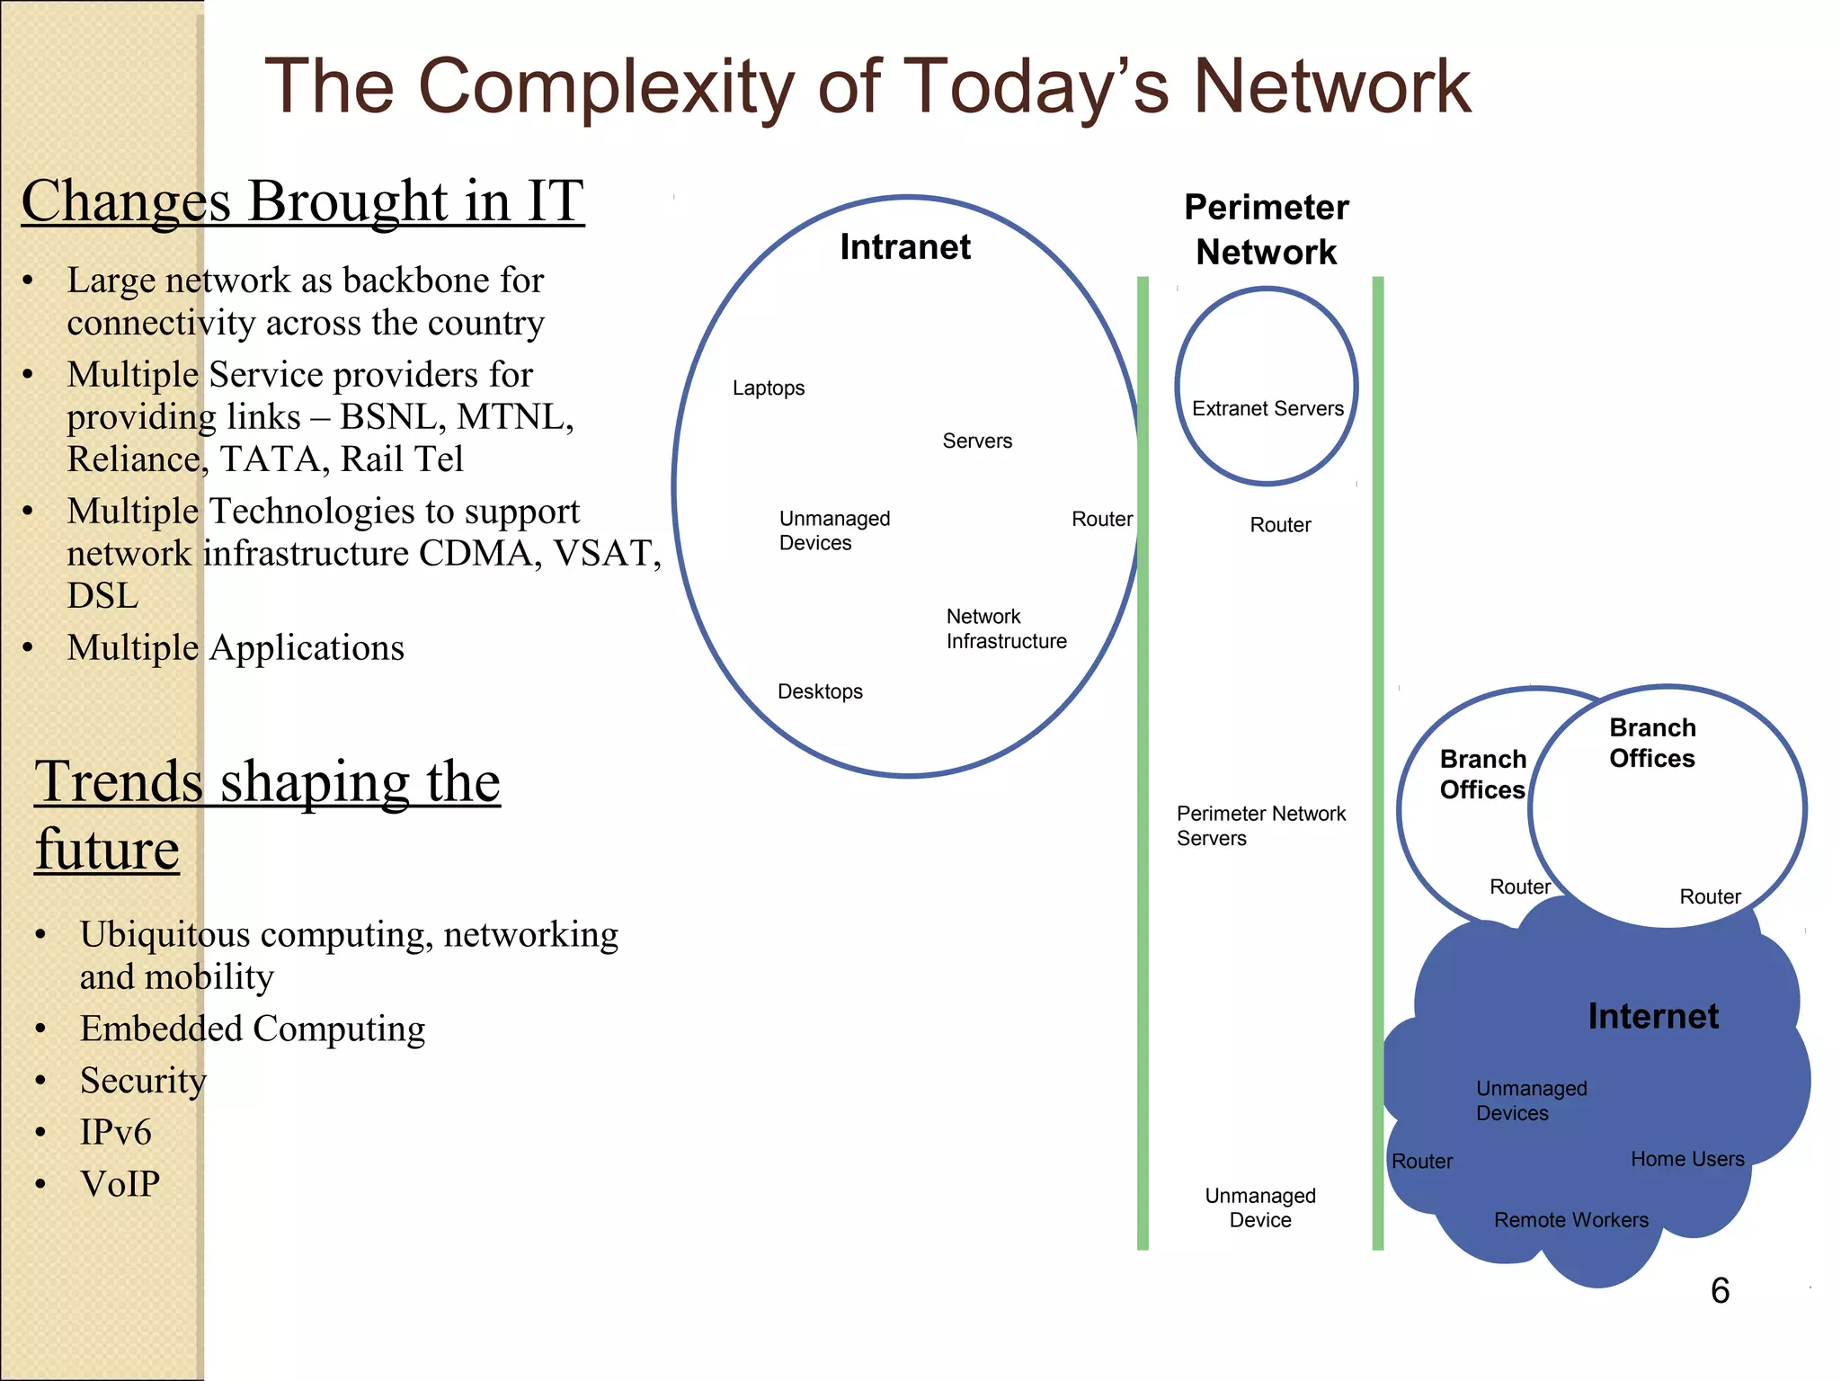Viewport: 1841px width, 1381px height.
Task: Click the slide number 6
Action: pos(1719,1291)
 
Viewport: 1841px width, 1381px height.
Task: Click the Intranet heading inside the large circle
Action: pos(904,247)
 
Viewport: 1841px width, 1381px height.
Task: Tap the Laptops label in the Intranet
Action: pos(768,388)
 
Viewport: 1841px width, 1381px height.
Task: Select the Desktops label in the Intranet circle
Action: pos(820,691)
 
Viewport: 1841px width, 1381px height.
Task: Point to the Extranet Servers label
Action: pos(1267,409)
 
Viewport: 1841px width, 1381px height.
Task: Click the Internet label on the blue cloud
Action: pos(1652,1016)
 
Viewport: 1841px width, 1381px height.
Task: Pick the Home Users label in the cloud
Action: pos(1687,1159)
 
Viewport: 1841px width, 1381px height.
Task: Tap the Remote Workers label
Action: pos(1570,1220)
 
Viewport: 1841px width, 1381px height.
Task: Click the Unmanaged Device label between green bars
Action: pos(1259,1207)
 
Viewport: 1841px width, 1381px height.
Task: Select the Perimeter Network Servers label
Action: pos(1260,825)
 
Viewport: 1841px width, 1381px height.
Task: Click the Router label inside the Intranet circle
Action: pos(1101,520)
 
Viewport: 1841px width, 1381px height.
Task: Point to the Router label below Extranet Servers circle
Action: pos(1280,525)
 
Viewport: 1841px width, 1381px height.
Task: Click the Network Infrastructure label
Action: pos(1006,628)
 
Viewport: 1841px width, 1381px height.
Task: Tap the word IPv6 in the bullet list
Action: pos(115,1133)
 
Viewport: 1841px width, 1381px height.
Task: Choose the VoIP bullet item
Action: pos(120,1184)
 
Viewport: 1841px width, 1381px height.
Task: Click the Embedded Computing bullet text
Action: pos(252,1029)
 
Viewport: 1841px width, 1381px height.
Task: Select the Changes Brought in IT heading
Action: pos(303,200)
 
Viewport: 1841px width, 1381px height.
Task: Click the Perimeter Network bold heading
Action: pos(1266,230)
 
